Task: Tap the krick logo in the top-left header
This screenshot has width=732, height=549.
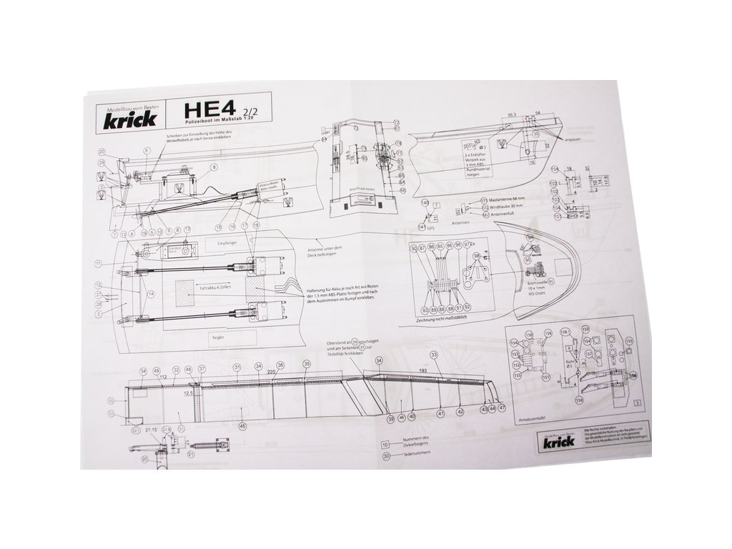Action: pos(129,118)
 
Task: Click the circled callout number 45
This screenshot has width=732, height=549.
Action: pos(243,426)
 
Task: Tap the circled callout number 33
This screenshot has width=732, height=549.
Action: pos(433,355)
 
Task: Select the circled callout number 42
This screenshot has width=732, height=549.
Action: pos(460,412)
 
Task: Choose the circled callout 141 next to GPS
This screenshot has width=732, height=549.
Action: pos(422,227)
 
